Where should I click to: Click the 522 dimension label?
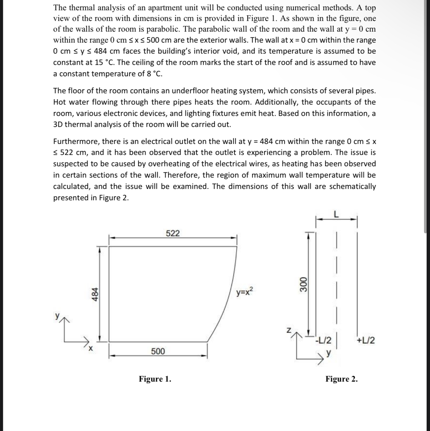173,233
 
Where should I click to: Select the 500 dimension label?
158,351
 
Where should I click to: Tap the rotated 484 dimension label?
95,294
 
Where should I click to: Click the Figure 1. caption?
155,379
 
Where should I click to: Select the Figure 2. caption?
342,379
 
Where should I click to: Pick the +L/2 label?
366,341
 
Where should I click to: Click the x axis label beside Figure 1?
90,349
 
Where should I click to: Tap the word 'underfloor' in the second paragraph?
190,91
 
